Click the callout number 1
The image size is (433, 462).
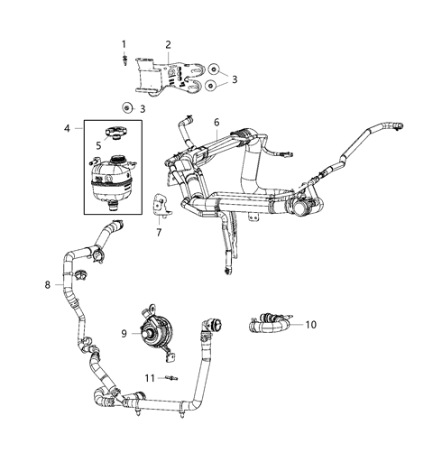(124, 44)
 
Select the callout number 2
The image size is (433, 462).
(168, 44)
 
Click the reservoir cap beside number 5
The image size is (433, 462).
(113, 135)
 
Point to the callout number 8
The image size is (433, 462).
(47, 285)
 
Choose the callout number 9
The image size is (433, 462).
(124, 333)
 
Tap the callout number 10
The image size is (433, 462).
(311, 324)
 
